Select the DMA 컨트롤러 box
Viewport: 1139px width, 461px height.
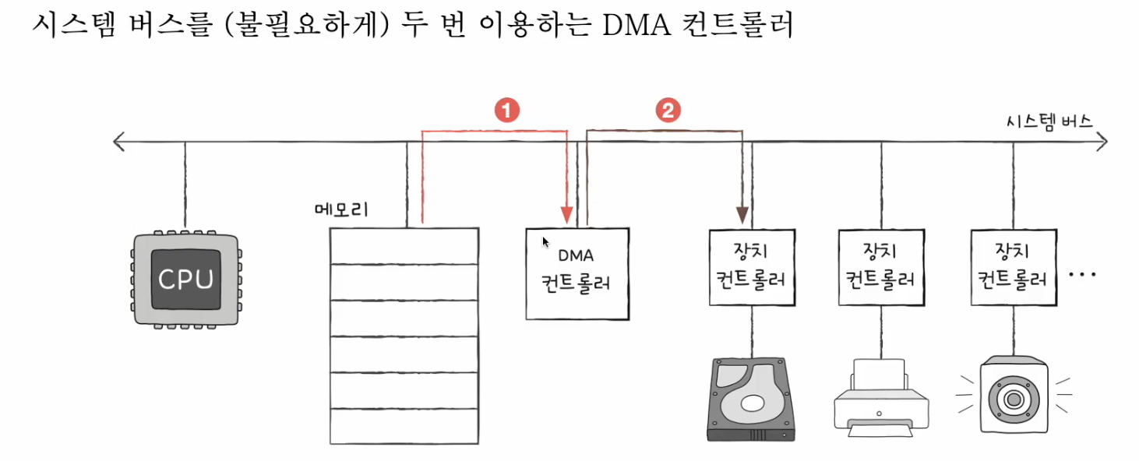click(577, 273)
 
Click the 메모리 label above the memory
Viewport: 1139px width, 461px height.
click(340, 210)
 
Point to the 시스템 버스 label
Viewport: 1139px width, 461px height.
click(1049, 122)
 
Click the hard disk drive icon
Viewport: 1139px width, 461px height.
click(751, 399)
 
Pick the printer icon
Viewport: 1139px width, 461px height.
click(881, 398)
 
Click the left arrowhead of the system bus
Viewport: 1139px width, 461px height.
click(118, 142)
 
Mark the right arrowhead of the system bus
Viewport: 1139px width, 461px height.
click(1101, 142)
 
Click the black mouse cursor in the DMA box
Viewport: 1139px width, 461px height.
click(546, 242)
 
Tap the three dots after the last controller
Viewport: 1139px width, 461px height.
click(1083, 275)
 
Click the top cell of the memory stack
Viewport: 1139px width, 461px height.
click(404, 245)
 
